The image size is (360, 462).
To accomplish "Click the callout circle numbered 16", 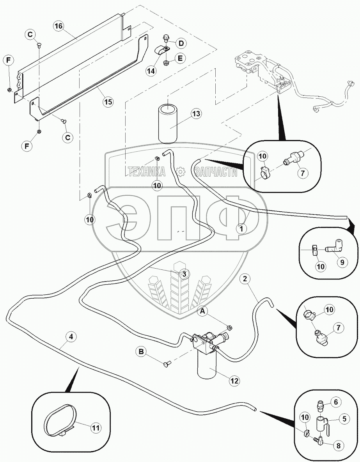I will click(59, 26).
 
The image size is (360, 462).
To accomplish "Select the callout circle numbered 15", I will click(108, 102).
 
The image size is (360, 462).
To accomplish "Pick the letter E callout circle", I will click(181, 58).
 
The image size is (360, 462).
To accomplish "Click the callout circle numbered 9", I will click(342, 262).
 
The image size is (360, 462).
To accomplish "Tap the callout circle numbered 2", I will click(245, 279).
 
